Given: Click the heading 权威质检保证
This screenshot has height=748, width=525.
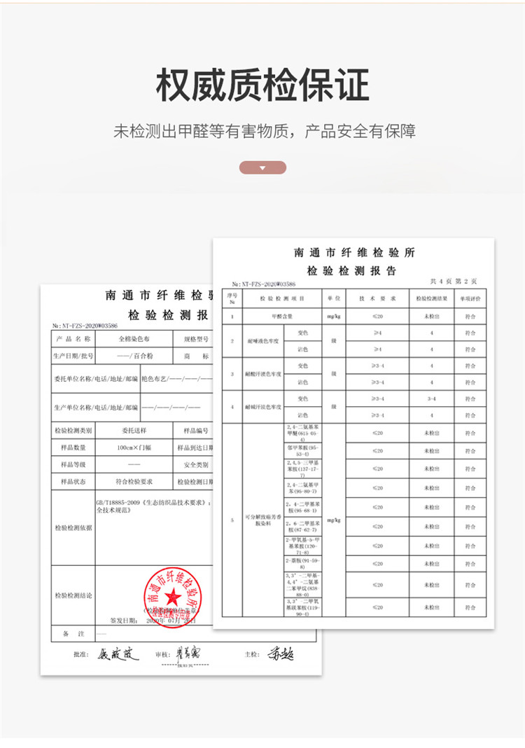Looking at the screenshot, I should pyautogui.click(x=262, y=85).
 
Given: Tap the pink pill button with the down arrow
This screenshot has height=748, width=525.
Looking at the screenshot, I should pyautogui.click(x=262, y=167).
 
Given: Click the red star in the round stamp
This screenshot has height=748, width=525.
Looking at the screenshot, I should pyautogui.click(x=172, y=596).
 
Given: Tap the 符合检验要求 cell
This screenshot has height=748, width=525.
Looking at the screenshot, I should pyautogui.click(x=134, y=482).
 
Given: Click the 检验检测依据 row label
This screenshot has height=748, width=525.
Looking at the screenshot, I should pyautogui.click(x=73, y=527).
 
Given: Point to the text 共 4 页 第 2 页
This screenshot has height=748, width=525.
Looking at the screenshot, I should pyautogui.click(x=453, y=281).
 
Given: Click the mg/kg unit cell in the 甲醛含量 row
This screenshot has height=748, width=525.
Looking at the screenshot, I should pyautogui.click(x=333, y=317).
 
